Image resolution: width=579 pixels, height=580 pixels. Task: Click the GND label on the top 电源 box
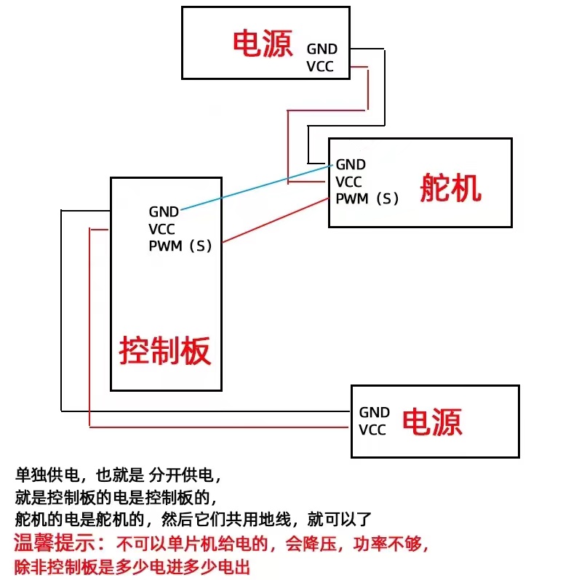point(322,49)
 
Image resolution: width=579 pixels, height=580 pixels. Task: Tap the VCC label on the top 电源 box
point(322,67)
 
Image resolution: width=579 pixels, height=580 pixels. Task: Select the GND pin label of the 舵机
point(351,165)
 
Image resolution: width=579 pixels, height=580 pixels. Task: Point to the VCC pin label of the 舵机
point(349,182)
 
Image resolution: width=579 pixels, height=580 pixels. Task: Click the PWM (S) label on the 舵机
point(367,198)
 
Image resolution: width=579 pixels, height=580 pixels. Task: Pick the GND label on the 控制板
point(164,212)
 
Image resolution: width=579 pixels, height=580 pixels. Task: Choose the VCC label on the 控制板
point(162,229)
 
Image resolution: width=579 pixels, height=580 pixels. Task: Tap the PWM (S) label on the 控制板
point(180,246)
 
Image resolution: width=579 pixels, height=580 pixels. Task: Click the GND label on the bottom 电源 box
point(374,412)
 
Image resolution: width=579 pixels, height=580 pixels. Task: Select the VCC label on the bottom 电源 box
point(372,430)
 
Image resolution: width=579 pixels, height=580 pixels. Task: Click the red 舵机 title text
point(450,188)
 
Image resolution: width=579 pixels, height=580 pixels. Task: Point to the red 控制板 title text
point(165,350)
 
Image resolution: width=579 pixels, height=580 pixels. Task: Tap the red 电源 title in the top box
point(263,44)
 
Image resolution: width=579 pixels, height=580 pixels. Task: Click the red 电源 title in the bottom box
point(432,421)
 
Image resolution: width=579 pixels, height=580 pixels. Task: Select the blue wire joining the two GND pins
point(255,188)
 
